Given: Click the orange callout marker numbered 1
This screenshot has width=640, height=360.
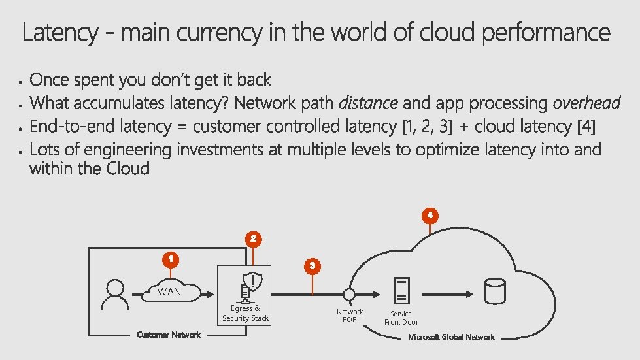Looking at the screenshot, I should [170, 259].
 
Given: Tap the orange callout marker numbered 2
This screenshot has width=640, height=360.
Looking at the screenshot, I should [254, 238].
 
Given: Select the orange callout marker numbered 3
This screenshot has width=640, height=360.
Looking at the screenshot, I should [312, 265].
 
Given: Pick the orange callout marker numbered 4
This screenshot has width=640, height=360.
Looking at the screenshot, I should [429, 214].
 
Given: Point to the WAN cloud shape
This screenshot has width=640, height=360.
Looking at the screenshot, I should [169, 291].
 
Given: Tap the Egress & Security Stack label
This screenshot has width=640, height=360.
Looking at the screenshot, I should [245, 313].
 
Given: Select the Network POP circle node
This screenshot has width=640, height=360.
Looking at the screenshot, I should [350, 293].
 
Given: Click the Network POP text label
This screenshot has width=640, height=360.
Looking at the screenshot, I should [350, 316].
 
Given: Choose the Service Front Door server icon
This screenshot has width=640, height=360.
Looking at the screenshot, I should [401, 290].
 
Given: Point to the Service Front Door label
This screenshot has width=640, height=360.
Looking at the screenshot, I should [401, 318].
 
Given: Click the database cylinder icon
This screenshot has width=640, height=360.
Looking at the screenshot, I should [494, 291].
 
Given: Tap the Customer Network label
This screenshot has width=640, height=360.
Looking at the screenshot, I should [169, 335].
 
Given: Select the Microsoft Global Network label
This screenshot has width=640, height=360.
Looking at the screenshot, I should [451, 337].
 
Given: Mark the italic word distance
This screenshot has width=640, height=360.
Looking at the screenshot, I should [368, 103].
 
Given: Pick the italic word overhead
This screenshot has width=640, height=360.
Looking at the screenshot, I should [586, 103].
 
